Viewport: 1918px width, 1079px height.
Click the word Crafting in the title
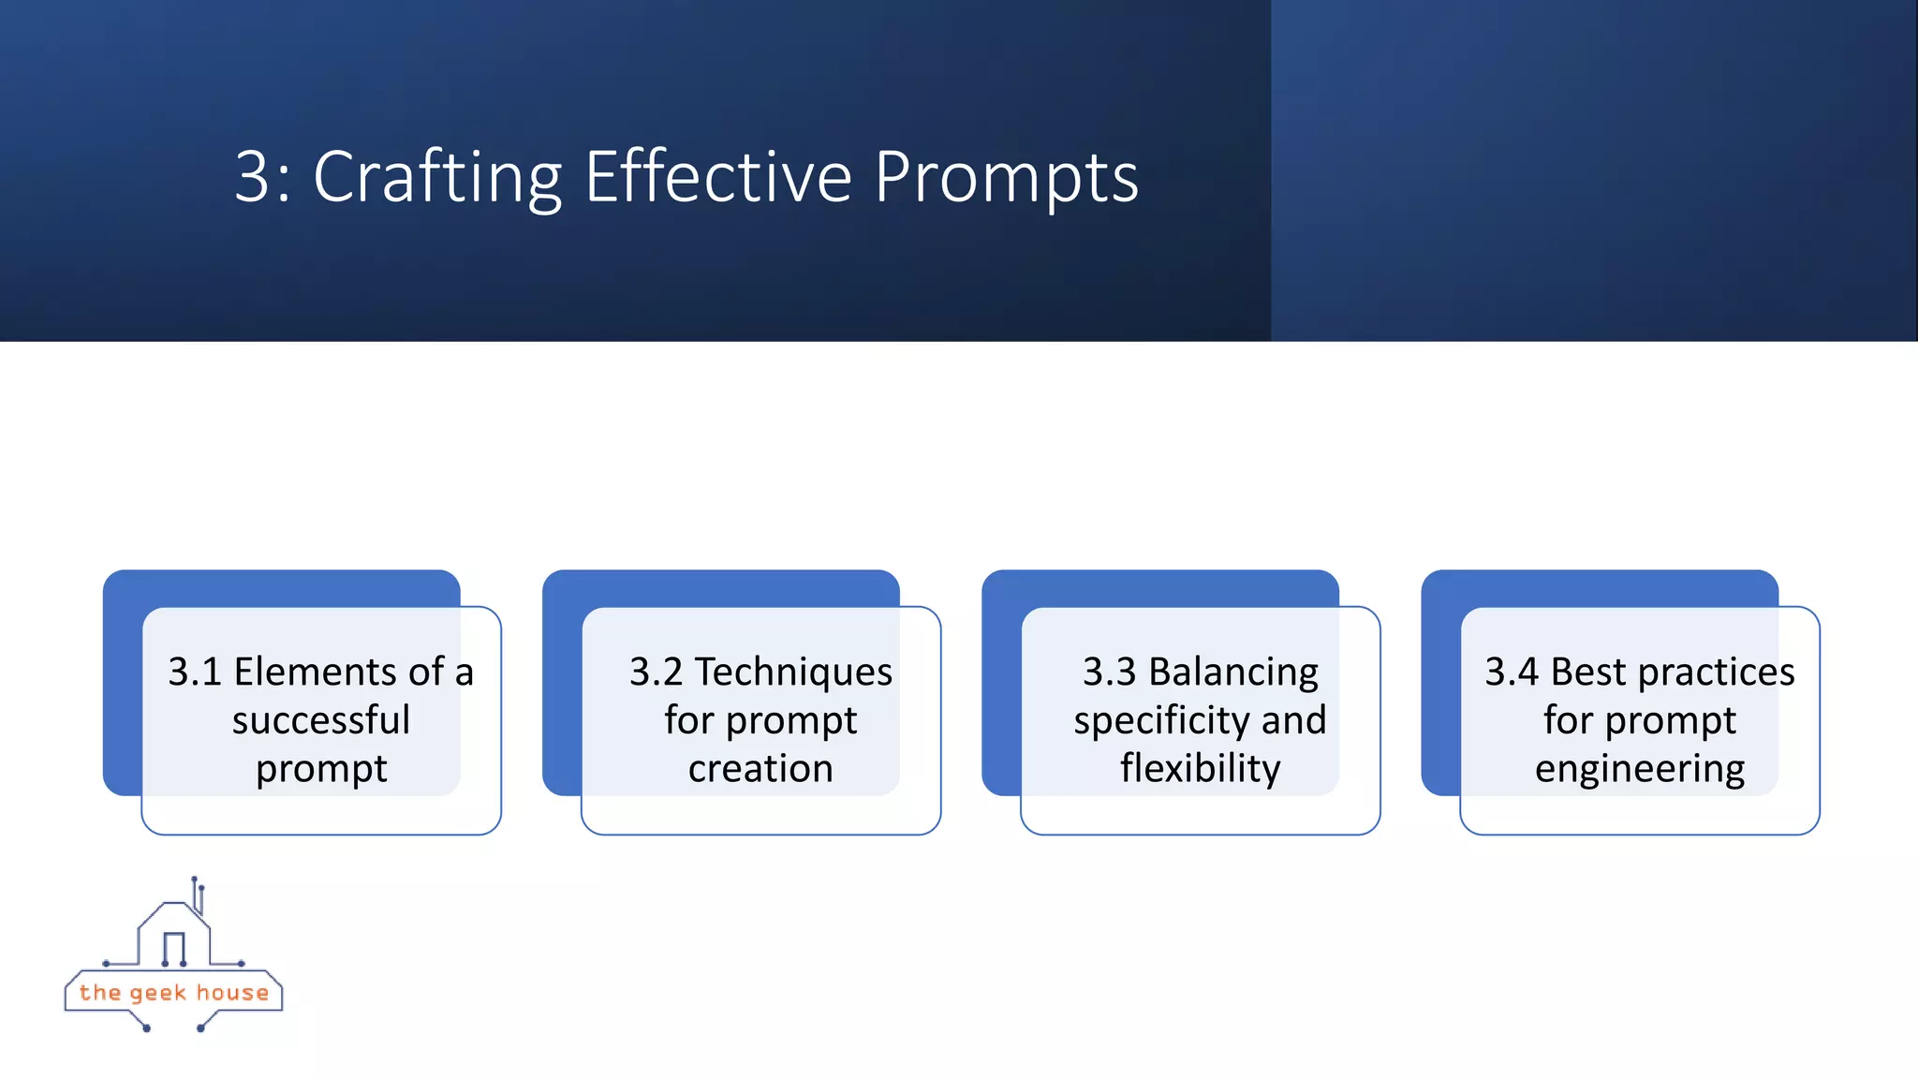[436, 178]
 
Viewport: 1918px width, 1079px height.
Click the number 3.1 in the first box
[195, 673]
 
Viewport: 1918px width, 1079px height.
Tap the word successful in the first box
[321, 720]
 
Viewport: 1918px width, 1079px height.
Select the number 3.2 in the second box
[656, 673]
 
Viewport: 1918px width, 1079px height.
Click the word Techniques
[793, 673]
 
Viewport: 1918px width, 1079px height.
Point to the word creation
[760, 769]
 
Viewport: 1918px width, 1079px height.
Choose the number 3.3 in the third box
[1109, 673]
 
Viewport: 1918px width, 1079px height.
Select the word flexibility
[1200, 769]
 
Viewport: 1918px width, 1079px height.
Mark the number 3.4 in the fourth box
[1511, 673]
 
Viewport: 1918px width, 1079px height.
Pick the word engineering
[1639, 769]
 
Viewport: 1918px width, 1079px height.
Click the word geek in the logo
[157, 993]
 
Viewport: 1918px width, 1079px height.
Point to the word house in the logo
[232, 993]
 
